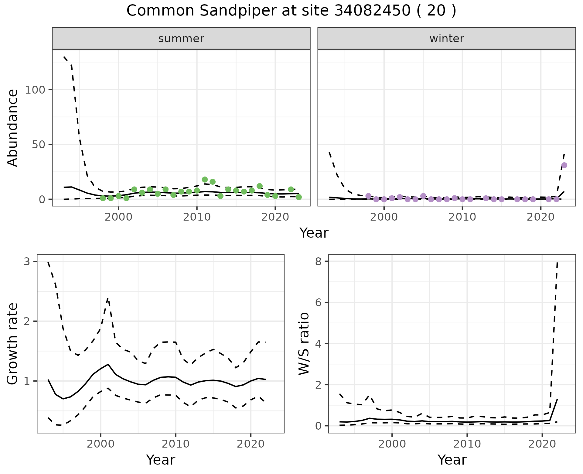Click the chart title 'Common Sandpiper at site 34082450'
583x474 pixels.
tap(291, 11)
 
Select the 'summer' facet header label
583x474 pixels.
tap(181, 39)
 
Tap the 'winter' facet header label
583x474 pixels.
tap(447, 39)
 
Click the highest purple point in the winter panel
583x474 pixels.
tap(564, 165)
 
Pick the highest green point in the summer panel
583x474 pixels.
tap(205, 180)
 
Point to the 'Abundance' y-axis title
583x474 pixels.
tap(13, 128)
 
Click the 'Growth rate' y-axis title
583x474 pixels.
tap(13, 344)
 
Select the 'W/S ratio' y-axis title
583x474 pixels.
tap(304, 344)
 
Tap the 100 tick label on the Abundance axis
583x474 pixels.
tap(35, 90)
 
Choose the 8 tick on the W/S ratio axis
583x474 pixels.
tap(319, 261)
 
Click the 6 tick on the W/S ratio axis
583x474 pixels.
tap(319, 302)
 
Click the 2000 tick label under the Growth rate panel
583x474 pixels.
tap(100, 444)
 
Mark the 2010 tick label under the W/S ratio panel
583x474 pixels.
tap(467, 444)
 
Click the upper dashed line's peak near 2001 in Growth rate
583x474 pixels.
tap(108, 298)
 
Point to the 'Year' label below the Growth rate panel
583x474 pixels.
tap(161, 460)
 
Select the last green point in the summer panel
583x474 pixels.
tap(298, 197)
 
